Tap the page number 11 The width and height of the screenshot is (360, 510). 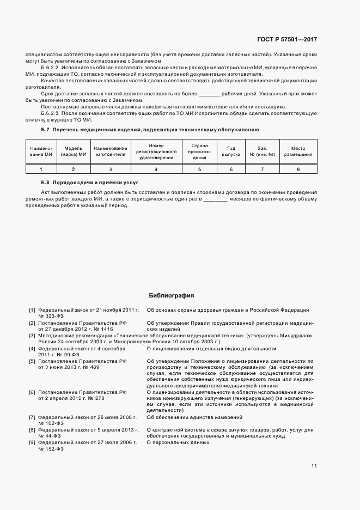[x=314, y=465]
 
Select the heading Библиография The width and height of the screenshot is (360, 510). [x=172, y=296]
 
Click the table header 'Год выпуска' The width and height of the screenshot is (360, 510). [x=230, y=151]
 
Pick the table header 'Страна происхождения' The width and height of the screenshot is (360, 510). [x=199, y=151]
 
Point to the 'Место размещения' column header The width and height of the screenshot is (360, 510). [x=298, y=151]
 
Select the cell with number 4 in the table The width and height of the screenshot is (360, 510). [x=156, y=169]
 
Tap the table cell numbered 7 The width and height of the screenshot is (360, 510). [x=262, y=169]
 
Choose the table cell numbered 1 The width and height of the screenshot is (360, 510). [x=40, y=169]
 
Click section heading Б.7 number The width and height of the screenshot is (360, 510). [x=45, y=130]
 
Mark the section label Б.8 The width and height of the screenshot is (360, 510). [x=45, y=184]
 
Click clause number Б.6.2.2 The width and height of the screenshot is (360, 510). [x=51, y=66]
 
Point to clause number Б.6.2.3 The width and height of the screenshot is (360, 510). [x=51, y=113]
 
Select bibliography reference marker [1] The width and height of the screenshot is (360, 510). [x=32, y=310]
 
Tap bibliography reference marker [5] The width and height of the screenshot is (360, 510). [x=32, y=361]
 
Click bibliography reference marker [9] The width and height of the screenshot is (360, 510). [x=32, y=442]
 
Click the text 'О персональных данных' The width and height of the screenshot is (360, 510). [x=178, y=442]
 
